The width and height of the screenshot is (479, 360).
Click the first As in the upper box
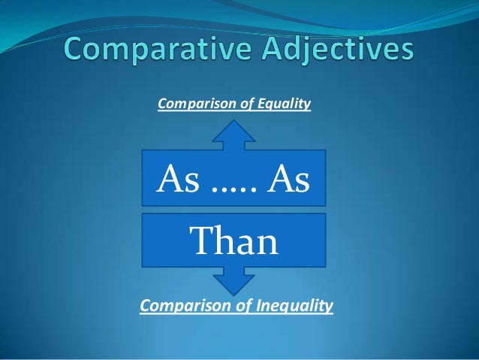[x=175, y=180]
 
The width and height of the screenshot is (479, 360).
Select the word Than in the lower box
[x=234, y=242]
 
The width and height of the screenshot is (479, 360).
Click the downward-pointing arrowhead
[x=234, y=284]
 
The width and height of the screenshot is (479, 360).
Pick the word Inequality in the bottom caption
[x=296, y=306]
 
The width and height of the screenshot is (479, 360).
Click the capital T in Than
[x=201, y=242]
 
